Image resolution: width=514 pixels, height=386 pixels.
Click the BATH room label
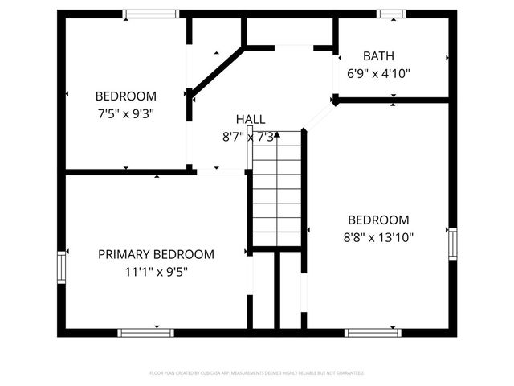pos(379,56)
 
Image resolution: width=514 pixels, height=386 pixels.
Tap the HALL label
pos(251,119)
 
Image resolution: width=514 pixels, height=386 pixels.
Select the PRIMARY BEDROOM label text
pos(156,254)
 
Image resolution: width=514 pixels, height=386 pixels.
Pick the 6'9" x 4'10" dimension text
pos(379,73)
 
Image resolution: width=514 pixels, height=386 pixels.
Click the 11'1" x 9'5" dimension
pos(156,271)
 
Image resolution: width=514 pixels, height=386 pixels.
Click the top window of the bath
pos(392,14)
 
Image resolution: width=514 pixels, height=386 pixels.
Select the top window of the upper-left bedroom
pos(150,14)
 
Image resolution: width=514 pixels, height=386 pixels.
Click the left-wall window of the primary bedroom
pos(62,267)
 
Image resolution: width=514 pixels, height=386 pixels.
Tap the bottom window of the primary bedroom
pos(145,332)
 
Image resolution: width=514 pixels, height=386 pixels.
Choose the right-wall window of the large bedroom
pos(452,244)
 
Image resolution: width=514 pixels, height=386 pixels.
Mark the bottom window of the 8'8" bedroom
pos(373,332)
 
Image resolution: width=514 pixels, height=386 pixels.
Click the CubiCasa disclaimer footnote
pos(257,373)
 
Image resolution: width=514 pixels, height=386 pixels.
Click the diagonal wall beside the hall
pos(218,72)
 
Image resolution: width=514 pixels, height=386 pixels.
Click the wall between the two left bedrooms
pos(127,171)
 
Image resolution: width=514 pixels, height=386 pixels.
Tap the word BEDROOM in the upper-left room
pos(126,96)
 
